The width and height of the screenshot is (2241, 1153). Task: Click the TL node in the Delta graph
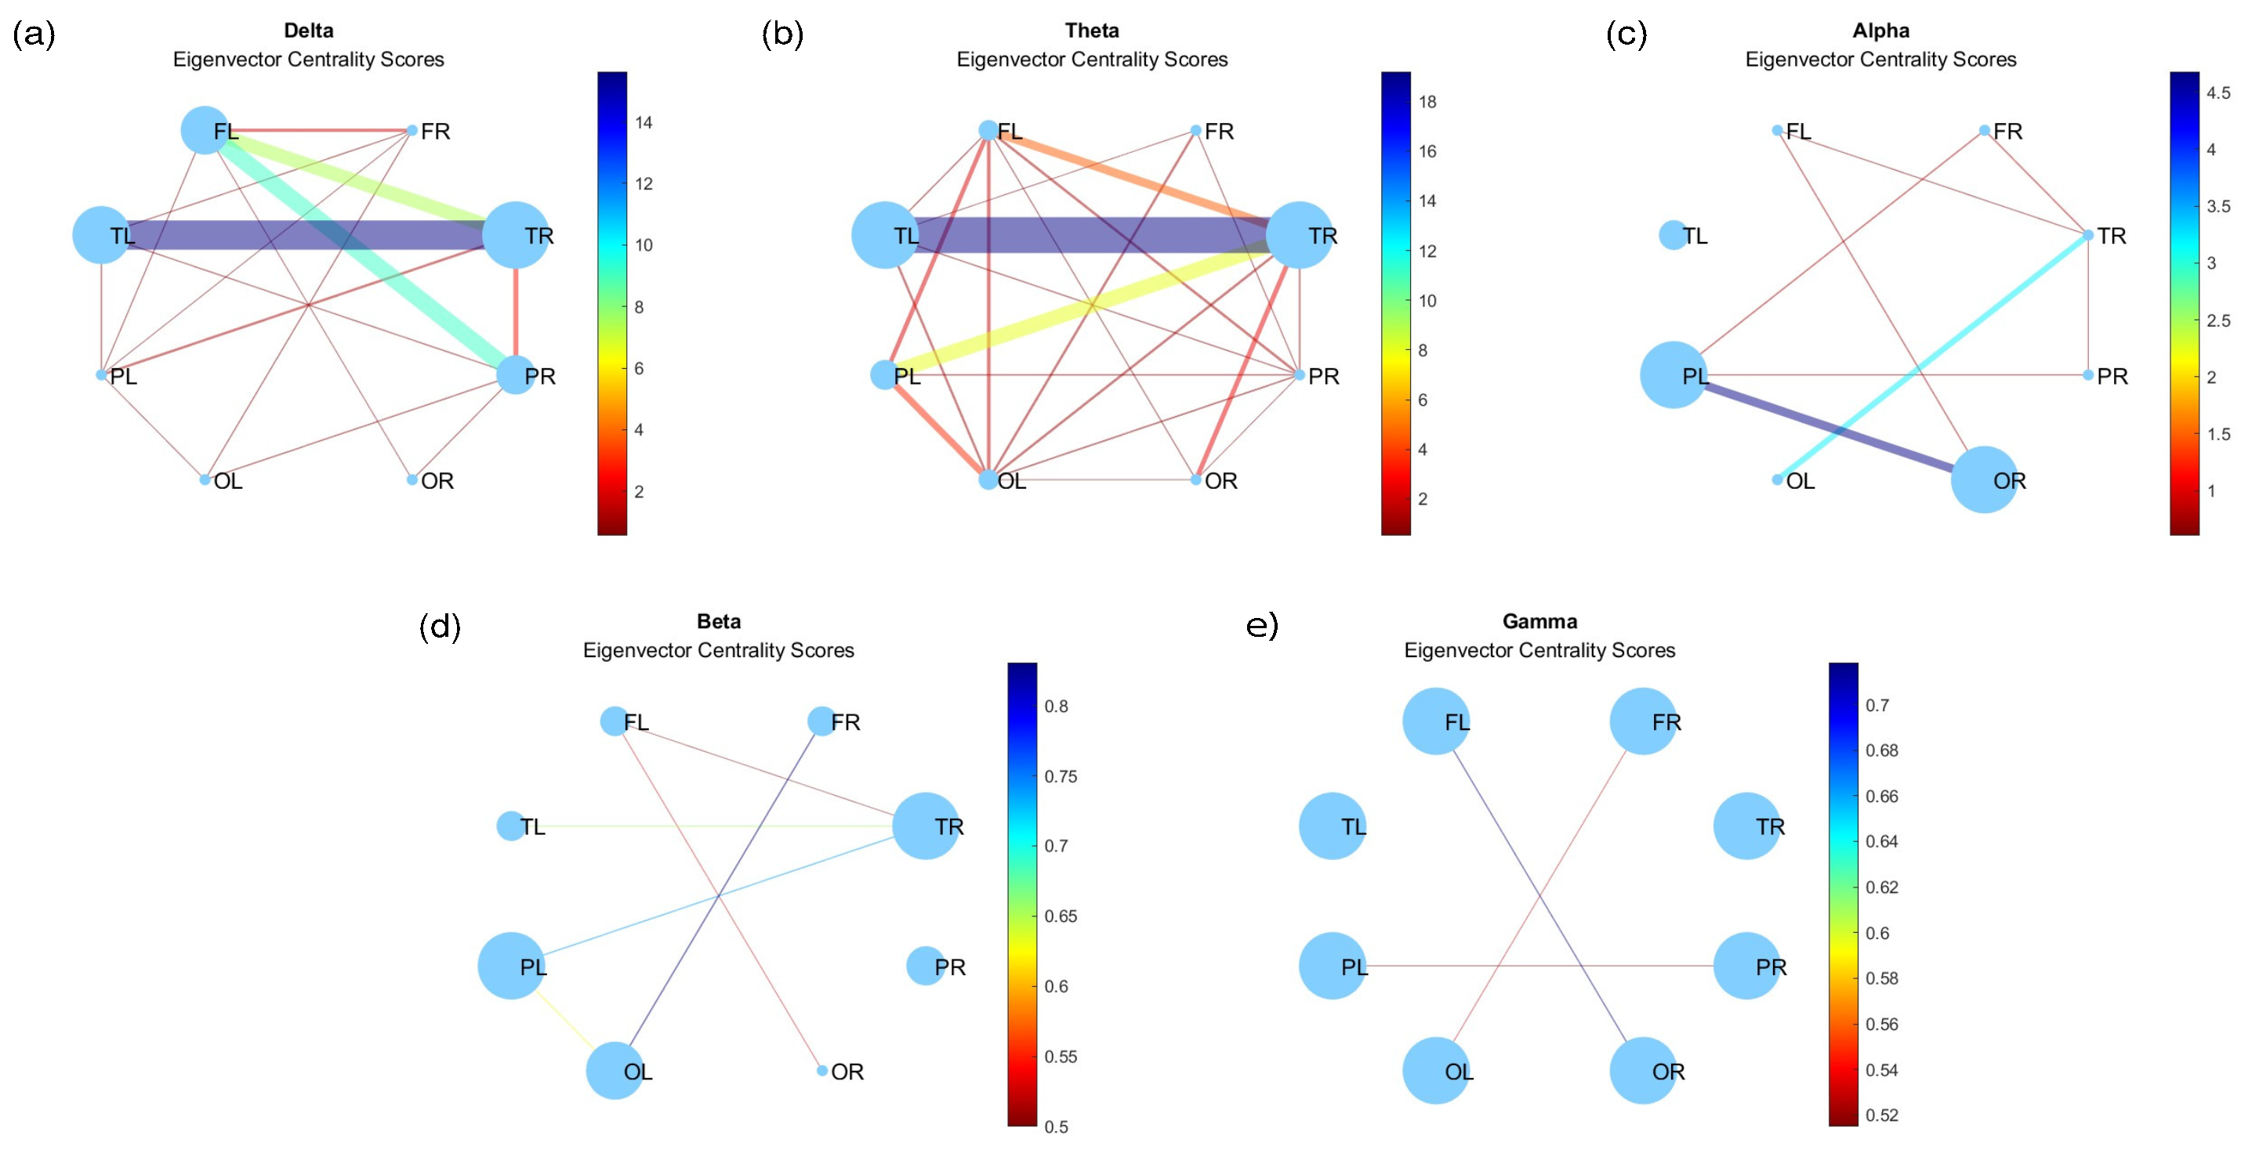pos(102,235)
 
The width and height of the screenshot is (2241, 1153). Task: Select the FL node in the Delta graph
pos(205,131)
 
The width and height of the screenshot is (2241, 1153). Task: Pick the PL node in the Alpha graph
pos(1673,374)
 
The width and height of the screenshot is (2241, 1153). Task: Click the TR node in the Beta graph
pos(926,826)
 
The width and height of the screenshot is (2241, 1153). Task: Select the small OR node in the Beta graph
pos(822,1071)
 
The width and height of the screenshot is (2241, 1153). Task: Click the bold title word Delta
pos(308,31)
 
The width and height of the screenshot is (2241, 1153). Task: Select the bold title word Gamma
pos(1539,621)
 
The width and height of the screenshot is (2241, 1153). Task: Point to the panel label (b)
pos(782,34)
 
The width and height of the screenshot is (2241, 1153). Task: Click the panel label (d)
pos(439,626)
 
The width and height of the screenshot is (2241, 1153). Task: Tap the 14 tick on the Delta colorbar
pos(644,123)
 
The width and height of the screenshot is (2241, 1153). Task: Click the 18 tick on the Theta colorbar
pos(1427,102)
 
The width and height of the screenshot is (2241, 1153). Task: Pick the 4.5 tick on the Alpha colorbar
pos(2217,92)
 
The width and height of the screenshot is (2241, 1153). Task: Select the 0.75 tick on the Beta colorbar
pos(1061,776)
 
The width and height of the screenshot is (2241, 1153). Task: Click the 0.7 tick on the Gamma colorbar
pos(1877,705)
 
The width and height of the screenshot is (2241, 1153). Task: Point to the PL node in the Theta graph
pos(884,374)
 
